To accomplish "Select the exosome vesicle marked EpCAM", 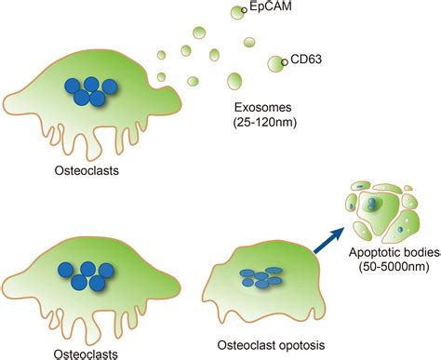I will coord(234,13).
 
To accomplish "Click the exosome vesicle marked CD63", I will coord(277,64).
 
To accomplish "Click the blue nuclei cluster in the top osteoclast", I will coord(88,90).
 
